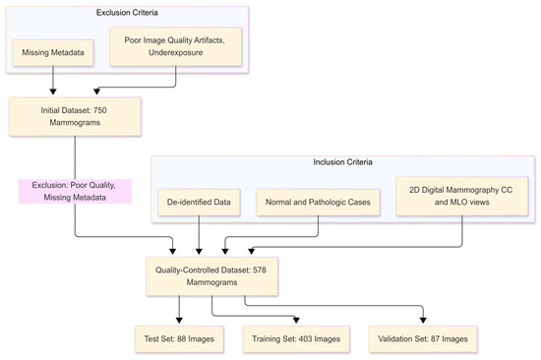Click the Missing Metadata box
point(52,52)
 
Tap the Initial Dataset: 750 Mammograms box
point(75,118)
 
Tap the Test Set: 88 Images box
point(178,337)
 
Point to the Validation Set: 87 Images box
point(425,337)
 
